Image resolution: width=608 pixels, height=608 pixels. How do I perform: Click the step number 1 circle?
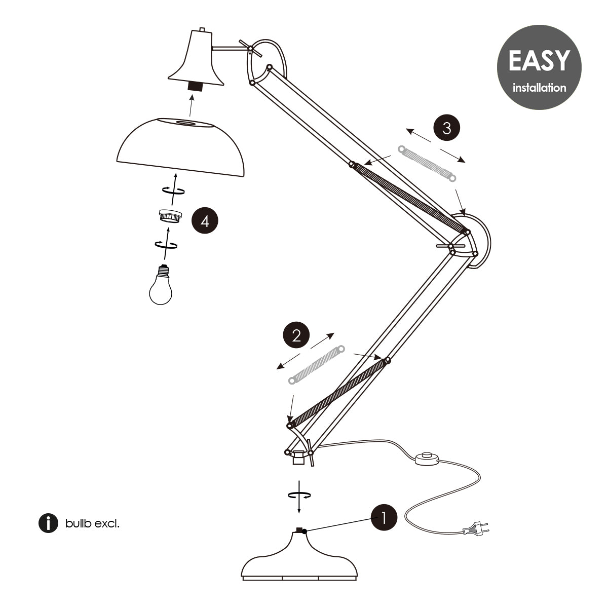click(384, 518)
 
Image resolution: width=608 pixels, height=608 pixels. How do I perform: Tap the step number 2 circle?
click(296, 335)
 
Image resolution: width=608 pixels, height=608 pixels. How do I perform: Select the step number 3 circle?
click(447, 128)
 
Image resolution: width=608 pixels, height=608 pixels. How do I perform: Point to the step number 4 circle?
click(205, 221)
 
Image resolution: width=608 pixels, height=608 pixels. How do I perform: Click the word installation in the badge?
click(539, 87)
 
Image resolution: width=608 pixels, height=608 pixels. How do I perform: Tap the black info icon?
click(48, 523)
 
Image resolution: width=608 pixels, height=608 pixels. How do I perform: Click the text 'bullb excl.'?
click(92, 524)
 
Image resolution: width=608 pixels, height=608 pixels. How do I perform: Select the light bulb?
click(161, 285)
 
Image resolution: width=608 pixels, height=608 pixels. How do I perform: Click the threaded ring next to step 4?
click(170, 216)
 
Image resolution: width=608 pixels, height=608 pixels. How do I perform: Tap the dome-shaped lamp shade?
click(180, 147)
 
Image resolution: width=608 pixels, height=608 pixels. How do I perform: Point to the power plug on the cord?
click(476, 530)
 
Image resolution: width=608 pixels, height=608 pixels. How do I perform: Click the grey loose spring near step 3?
click(427, 164)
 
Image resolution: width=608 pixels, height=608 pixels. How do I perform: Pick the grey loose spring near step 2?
click(317, 365)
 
